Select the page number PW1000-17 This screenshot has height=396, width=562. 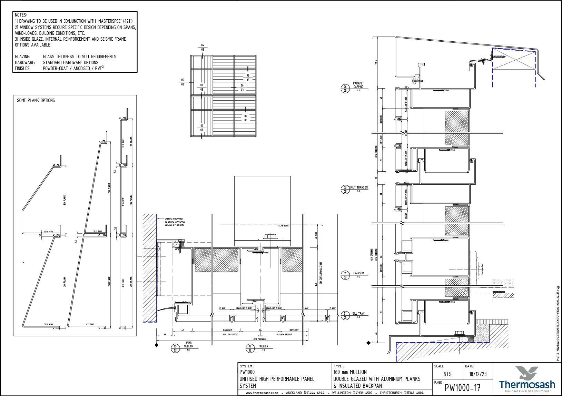click(462, 388)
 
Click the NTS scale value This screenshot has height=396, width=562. click(447, 374)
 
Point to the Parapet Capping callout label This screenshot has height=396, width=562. click(358, 85)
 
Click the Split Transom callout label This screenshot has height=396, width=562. click(358, 187)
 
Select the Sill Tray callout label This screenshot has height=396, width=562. click(358, 314)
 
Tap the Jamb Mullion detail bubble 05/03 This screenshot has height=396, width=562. click(175, 348)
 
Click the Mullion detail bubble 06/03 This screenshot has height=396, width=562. click(250, 348)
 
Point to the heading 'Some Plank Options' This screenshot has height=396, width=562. click(36, 100)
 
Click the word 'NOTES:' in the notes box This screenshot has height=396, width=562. click(21, 15)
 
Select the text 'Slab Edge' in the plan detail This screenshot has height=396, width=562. click(283, 225)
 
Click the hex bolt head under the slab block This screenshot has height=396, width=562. click(269, 237)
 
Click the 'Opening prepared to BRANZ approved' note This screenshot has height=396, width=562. click(174, 222)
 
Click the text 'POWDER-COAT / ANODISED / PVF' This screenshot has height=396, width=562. click(73, 68)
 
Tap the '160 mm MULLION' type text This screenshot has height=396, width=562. click(350, 372)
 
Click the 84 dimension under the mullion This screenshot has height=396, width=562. click(260, 330)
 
